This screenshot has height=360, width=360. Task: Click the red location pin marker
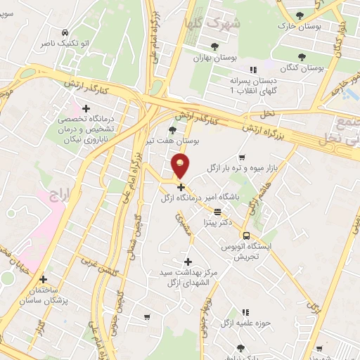pyautogui.click(x=181, y=167)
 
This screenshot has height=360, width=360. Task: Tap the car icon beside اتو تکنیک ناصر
pyautogui.click(x=65, y=32)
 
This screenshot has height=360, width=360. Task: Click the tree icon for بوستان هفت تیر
pyautogui.click(x=173, y=130)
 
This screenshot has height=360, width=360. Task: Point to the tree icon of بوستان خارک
pyautogui.click(x=300, y=15)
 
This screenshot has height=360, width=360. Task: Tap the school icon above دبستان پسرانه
pyautogui.click(x=254, y=69)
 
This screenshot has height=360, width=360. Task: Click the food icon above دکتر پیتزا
pyautogui.click(x=218, y=211)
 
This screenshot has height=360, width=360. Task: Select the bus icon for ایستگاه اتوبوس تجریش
pyautogui.click(x=246, y=236)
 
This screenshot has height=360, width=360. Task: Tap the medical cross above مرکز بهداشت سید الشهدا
pyautogui.click(x=187, y=262)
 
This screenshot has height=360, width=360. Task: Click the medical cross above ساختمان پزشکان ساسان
pyautogui.click(x=44, y=278)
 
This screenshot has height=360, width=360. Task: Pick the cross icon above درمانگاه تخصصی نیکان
pyautogui.click(x=86, y=108)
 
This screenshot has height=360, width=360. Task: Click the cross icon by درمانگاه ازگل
pyautogui.click(x=181, y=187)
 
